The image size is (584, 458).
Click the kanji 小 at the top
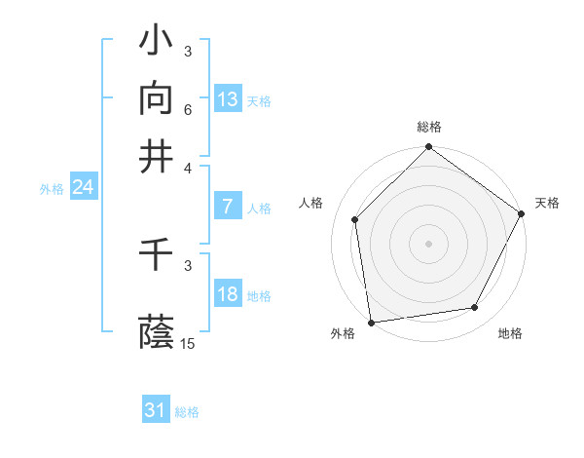(x=157, y=42)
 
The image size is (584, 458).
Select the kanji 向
(x=157, y=99)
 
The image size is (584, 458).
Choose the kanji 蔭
(x=157, y=332)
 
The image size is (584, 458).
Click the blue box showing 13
(x=228, y=99)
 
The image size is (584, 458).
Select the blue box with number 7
(x=227, y=207)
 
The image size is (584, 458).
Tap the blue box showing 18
(x=228, y=294)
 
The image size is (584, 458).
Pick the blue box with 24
(x=83, y=187)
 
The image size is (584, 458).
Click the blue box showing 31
(x=156, y=410)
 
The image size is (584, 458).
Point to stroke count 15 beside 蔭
(x=188, y=344)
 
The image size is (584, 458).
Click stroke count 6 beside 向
(x=188, y=110)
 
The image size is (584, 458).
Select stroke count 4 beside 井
(x=188, y=167)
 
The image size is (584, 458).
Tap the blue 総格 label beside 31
(x=187, y=412)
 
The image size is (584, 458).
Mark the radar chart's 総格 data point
(x=428, y=149)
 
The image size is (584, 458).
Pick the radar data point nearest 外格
(x=371, y=322)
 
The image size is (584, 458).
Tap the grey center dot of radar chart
(x=428, y=244)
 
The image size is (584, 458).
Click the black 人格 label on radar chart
(x=311, y=203)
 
